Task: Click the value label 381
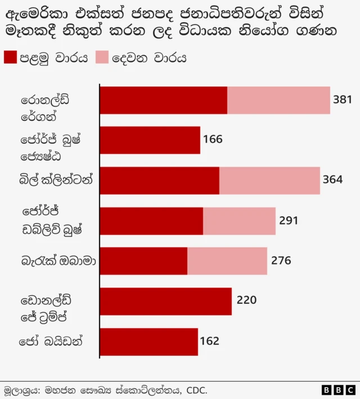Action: (342, 100)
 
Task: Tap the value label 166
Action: (213, 139)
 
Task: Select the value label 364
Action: (332, 180)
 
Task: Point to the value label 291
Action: (289, 220)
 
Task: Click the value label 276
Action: (280, 261)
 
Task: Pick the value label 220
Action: (246, 301)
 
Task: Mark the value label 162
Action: (209, 341)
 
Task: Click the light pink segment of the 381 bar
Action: (278, 100)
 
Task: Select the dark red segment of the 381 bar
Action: (164, 100)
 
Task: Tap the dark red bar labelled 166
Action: (150, 140)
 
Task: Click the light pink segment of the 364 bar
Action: (269, 180)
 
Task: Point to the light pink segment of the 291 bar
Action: (239, 221)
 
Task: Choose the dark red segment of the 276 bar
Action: (143, 261)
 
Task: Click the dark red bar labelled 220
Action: (166, 301)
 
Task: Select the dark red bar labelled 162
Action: (149, 342)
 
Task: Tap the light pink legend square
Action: (103, 57)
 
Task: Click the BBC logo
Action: (338, 389)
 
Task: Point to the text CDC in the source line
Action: (196, 389)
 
